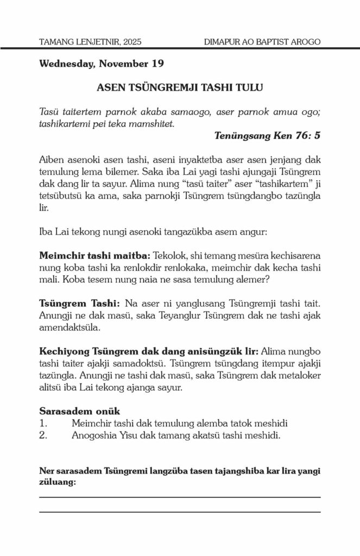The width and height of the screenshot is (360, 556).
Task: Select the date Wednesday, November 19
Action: (102, 64)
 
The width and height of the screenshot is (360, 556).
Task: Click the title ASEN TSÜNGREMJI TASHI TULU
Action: (180, 87)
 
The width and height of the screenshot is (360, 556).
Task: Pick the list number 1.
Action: (44, 422)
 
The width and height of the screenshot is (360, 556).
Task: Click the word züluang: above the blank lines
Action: (58, 481)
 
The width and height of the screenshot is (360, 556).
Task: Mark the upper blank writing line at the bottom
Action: (180, 497)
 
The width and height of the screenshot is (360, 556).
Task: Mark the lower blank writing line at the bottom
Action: (180, 511)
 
